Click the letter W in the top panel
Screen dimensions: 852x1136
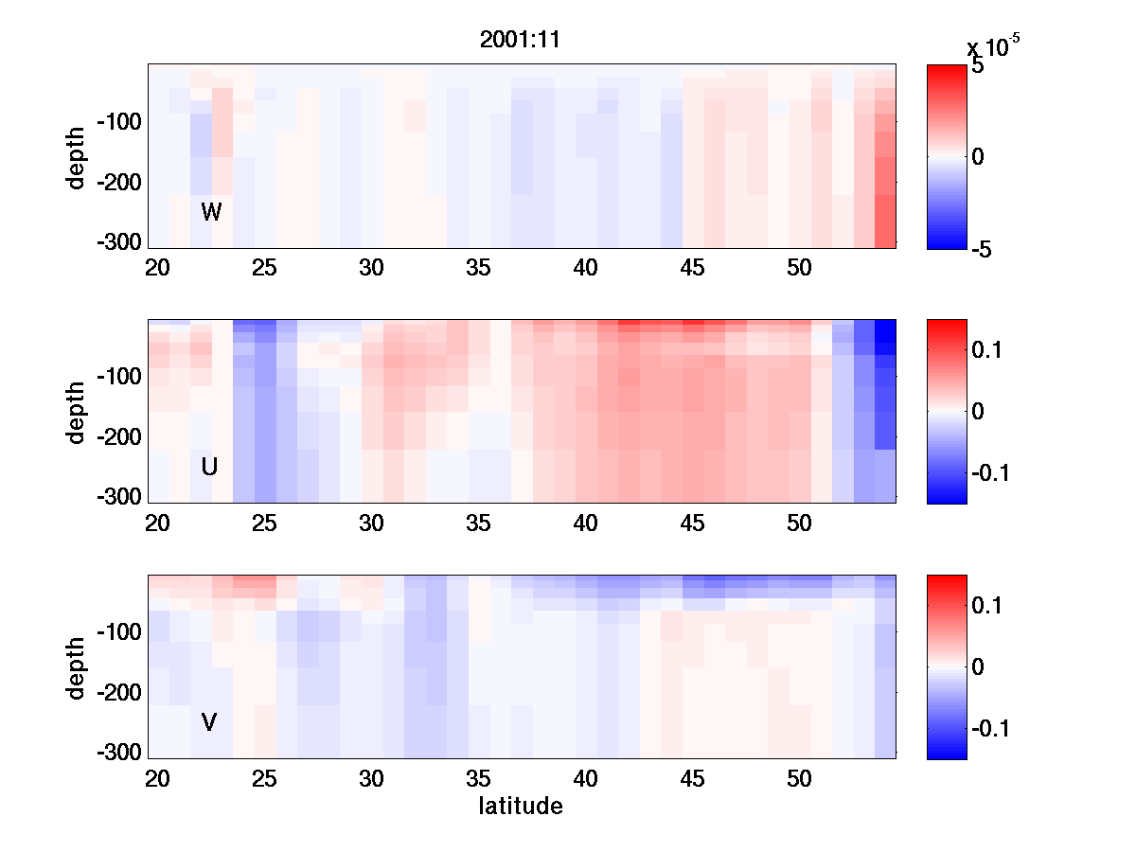[x=211, y=212]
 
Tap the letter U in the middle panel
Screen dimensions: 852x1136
[x=209, y=467]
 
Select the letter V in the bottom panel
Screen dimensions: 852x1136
[x=209, y=722]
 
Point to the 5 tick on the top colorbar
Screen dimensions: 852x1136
[x=978, y=67]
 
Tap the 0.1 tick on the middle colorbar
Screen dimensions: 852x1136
[x=991, y=351]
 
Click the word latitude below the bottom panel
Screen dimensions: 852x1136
[x=521, y=807]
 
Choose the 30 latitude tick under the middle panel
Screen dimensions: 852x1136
[x=371, y=524]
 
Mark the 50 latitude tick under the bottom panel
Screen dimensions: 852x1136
[x=800, y=779]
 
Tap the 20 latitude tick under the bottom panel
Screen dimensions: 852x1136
[x=157, y=779]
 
